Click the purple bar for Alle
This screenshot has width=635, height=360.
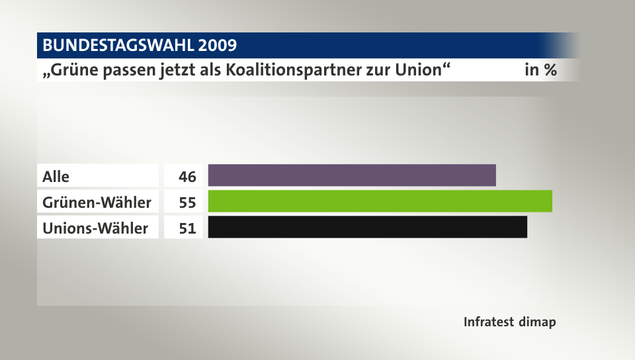coord(352,175)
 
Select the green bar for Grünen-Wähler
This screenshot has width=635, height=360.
coord(380,201)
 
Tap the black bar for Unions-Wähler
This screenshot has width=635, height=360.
coord(367,227)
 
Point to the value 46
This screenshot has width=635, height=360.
coord(187,177)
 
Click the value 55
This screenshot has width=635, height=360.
coord(187,202)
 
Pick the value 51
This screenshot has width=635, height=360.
coord(187,228)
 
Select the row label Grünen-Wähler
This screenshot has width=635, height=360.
coord(97,202)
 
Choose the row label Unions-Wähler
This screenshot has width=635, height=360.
coord(95,228)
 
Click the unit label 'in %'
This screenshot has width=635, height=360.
coord(540,70)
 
